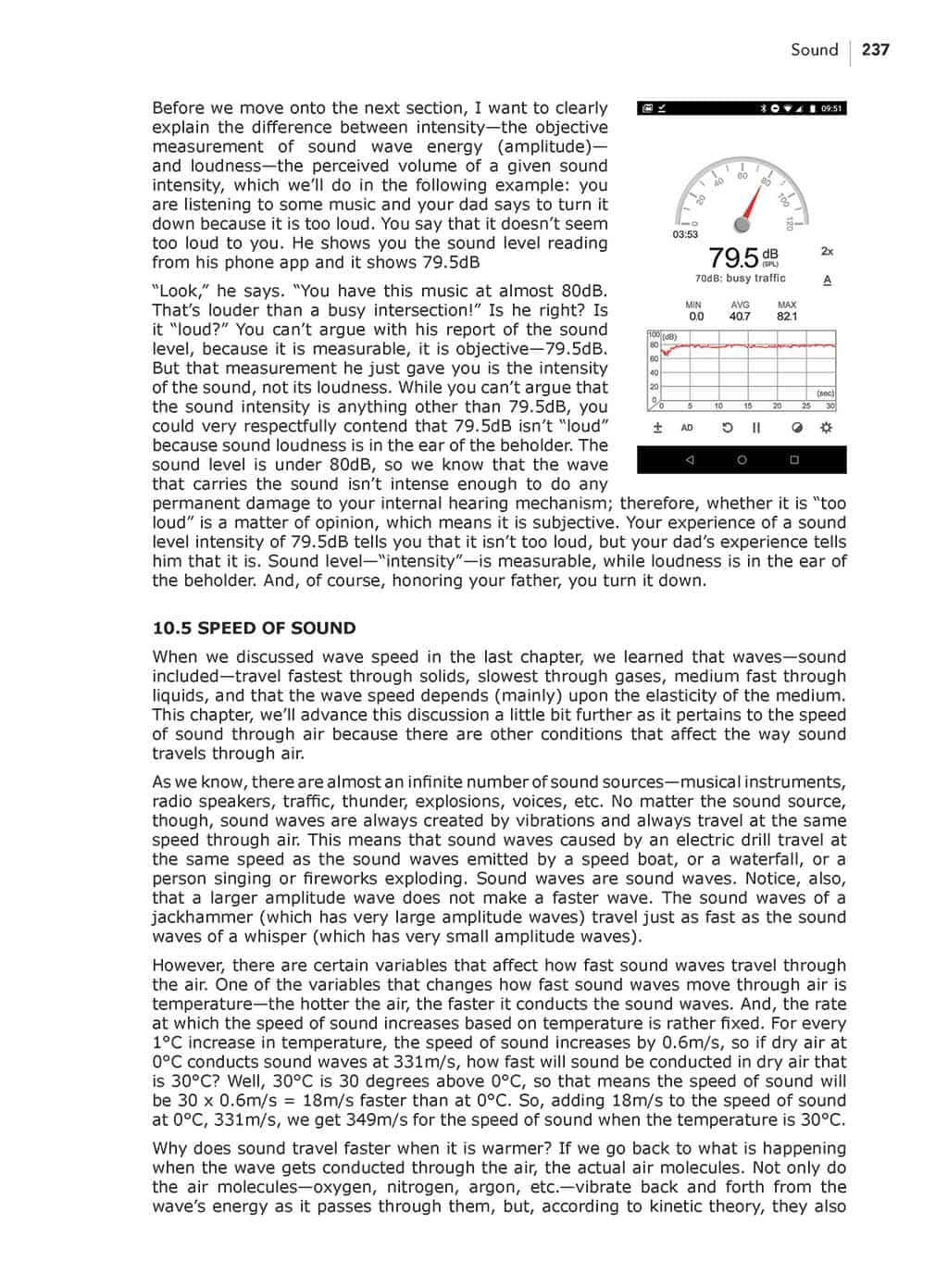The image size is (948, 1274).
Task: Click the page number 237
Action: pos(875,50)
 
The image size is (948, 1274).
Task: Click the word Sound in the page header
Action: pos(814,50)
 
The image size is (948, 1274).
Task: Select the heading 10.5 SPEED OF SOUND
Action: pos(254,628)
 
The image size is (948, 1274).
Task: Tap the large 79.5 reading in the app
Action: pos(733,256)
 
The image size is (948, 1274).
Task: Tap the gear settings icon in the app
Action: pos(826,428)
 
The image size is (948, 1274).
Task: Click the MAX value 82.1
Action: pos(787,317)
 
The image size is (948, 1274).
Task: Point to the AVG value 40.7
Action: pos(740,317)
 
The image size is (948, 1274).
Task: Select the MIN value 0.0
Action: pos(695,317)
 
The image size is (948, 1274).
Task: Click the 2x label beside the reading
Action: pos(827,251)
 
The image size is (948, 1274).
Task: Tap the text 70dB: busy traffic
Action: pos(740,278)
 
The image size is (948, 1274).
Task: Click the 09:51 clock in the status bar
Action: pos(831,108)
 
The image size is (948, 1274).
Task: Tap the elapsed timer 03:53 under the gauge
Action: pos(685,234)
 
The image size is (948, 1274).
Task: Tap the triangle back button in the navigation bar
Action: pos(689,459)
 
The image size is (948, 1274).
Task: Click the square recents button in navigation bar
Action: pos(793,459)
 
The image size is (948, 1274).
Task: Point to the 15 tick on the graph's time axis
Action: pos(748,406)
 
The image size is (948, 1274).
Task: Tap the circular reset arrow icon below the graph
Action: pos(727,428)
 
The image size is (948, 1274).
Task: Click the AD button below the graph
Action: pos(687,428)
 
